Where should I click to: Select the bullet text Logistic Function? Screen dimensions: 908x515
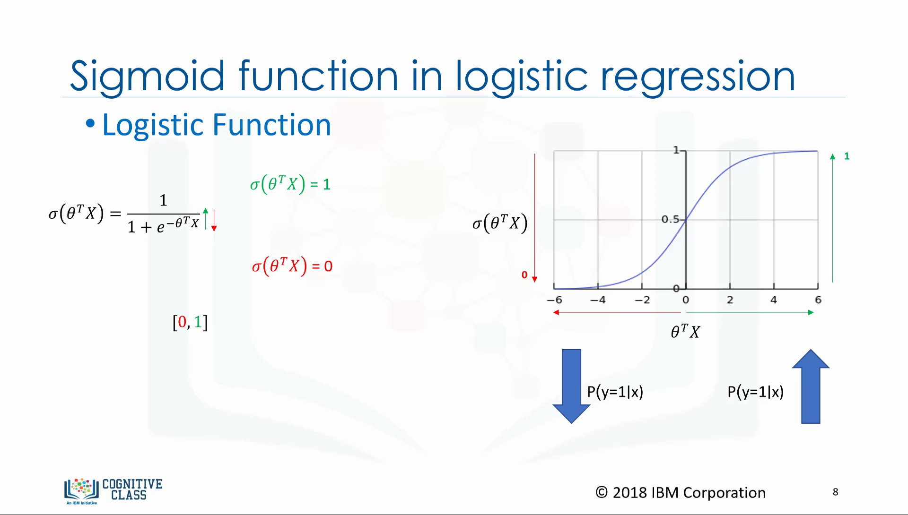point(217,126)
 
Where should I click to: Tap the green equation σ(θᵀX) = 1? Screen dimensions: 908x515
point(290,184)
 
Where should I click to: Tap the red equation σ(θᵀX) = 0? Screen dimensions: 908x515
point(292,266)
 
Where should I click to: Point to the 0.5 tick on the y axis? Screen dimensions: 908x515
point(670,219)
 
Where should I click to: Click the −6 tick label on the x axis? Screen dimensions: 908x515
point(555,300)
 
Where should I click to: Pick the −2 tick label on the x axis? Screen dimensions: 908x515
point(642,300)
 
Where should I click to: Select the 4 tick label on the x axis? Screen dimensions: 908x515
point(774,300)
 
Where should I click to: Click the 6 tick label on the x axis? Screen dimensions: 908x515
point(818,300)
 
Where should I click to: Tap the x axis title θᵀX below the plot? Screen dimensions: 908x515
point(685,331)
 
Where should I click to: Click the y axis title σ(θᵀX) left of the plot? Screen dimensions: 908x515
point(500,223)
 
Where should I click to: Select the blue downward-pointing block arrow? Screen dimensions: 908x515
point(571,386)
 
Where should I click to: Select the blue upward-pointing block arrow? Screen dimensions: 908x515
point(811,386)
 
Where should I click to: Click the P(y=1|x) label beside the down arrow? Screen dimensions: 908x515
point(615,392)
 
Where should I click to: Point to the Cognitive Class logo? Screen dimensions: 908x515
point(113,491)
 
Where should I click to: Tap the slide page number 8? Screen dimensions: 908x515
point(836,492)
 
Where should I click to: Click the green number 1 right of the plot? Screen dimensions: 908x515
point(847,156)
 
